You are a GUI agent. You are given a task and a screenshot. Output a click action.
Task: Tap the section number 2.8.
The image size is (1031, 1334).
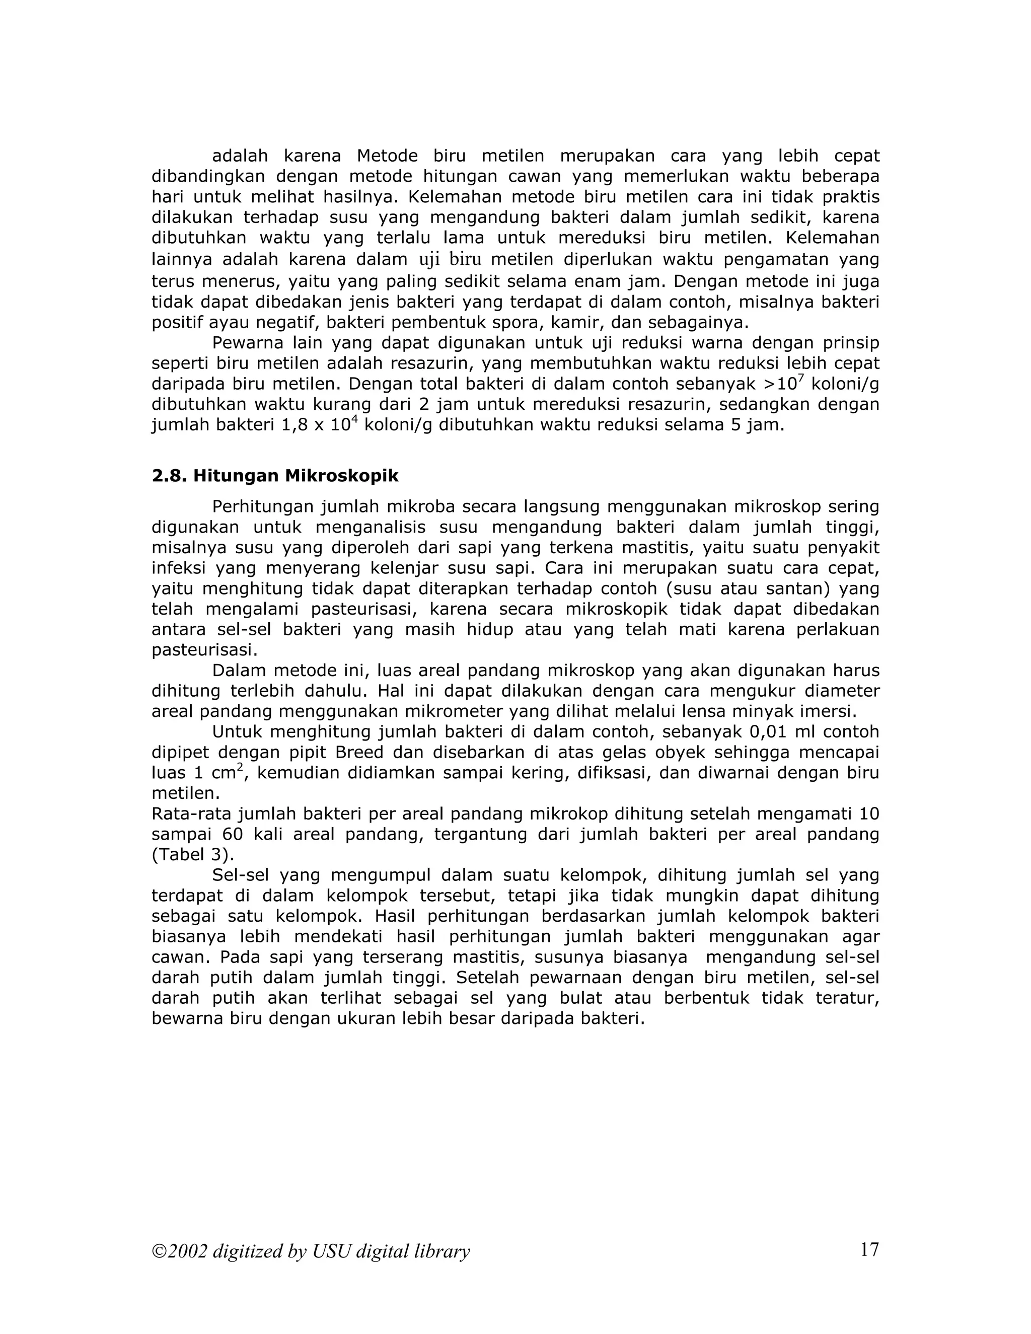[170, 476]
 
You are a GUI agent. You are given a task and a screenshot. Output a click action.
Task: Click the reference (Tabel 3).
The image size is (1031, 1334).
[192, 855]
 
